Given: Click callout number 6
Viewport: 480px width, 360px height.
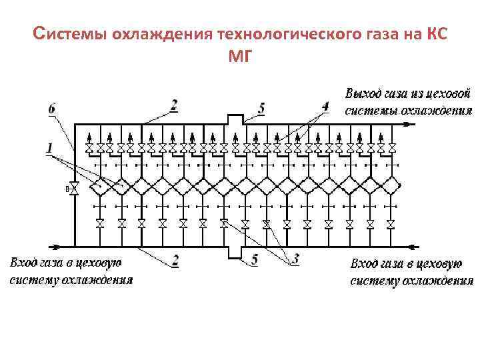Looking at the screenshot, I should coord(52,107).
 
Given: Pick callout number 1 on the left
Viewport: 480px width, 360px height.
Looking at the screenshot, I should coord(50,146).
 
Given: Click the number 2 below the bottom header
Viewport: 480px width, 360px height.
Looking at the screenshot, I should coord(174,260).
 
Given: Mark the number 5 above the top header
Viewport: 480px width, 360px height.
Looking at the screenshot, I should coord(261,108).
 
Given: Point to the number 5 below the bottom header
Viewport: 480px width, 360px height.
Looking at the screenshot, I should coord(254,261).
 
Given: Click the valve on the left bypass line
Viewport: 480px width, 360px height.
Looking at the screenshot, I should coord(74,189).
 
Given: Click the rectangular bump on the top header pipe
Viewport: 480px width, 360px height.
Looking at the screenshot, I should coord(235,119).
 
